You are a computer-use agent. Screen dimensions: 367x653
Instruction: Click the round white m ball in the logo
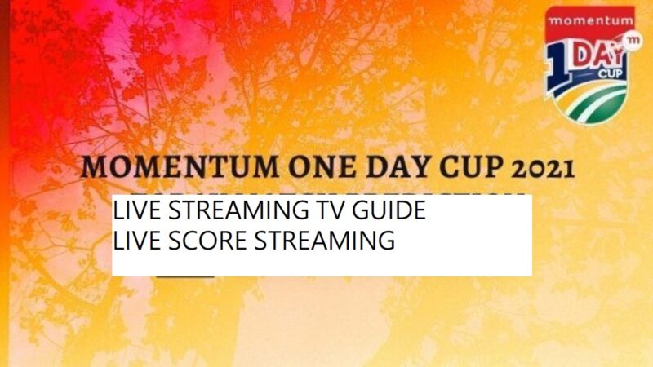click(x=631, y=41)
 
